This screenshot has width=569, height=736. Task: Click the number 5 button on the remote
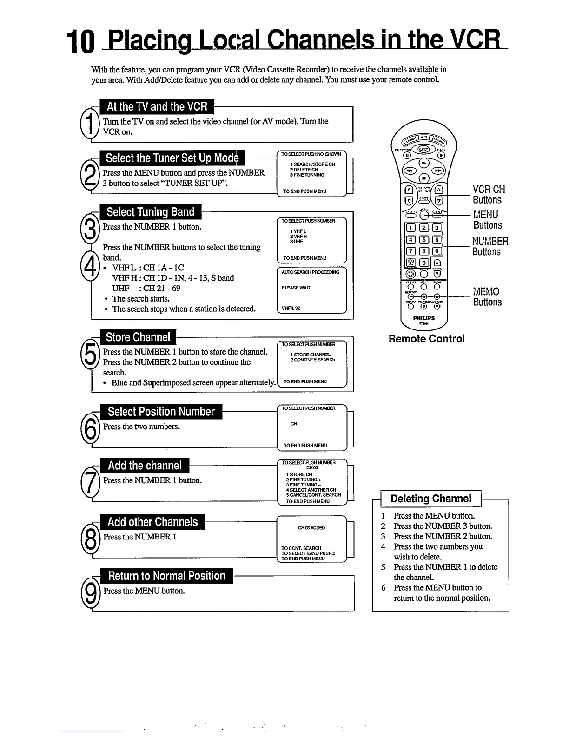click(x=423, y=240)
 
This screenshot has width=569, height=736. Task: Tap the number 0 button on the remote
click(x=423, y=263)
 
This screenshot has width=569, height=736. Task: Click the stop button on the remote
click(x=423, y=178)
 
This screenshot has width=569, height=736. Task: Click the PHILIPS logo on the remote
click(x=423, y=318)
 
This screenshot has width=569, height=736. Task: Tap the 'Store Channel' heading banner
click(x=138, y=337)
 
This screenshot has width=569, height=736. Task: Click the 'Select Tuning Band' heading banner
click(x=150, y=212)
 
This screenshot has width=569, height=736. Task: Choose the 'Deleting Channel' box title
click(x=430, y=499)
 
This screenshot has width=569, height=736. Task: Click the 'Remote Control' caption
click(x=426, y=339)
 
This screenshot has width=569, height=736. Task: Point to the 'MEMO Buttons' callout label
click(x=487, y=297)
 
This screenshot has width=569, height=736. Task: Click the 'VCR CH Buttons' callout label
click(x=488, y=195)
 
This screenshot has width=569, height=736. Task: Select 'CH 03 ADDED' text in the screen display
click(x=311, y=528)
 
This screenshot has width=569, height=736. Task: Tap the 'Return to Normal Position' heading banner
click(x=166, y=576)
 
